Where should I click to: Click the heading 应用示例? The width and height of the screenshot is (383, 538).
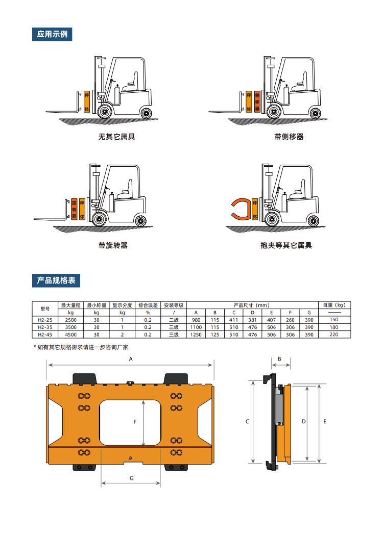click(52, 34)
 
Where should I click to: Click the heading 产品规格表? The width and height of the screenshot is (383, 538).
click(56, 280)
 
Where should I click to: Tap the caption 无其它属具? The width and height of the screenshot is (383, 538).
click(117, 137)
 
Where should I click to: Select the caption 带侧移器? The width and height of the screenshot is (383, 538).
click(289, 137)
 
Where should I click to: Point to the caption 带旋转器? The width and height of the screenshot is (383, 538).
click(113, 245)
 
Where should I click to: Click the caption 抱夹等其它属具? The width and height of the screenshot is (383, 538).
click(286, 245)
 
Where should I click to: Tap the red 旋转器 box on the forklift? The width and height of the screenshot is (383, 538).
click(74, 209)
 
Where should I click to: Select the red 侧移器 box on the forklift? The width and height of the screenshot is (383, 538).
click(257, 101)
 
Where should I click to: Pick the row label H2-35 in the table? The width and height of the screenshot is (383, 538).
click(45, 327)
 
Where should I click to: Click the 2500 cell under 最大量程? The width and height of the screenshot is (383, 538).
click(71, 320)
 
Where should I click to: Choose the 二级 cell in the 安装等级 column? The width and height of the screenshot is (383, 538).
click(174, 320)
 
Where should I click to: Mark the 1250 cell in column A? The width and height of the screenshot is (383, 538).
click(196, 335)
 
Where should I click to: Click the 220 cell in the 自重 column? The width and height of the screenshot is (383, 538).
click(334, 335)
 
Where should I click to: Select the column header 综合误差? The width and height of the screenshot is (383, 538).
click(148, 305)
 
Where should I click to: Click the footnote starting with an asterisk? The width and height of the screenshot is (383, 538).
click(81, 347)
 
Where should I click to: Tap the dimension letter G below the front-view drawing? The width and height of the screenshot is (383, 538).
click(131, 478)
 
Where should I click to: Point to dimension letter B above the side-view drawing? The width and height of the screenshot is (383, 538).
click(279, 359)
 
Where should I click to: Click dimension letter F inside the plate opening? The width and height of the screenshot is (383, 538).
click(135, 422)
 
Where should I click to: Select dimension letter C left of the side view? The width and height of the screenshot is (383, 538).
click(247, 421)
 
